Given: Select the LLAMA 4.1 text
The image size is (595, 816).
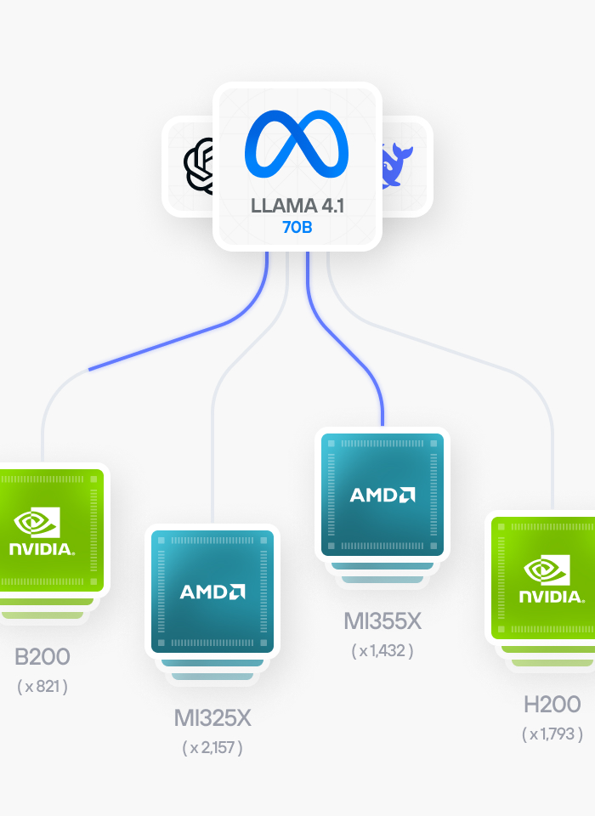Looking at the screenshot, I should tap(297, 206).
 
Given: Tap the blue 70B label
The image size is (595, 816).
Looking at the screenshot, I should tap(297, 228).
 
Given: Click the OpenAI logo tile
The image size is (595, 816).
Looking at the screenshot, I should tap(191, 166).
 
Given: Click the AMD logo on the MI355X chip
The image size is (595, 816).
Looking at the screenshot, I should tap(382, 494).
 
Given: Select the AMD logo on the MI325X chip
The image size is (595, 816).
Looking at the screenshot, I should tap(212, 592).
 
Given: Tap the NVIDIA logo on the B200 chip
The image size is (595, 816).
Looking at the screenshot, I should tap(41, 534).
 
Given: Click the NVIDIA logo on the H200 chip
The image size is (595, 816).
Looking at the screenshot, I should tap(552, 581).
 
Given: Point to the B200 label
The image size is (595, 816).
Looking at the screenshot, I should tap(42, 657).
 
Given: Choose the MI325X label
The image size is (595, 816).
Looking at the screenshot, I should tap(212, 718).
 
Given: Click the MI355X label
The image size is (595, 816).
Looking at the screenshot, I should tap(382, 621).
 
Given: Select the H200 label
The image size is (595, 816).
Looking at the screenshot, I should tap(552, 704).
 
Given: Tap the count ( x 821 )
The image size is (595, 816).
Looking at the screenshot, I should tap(42, 686).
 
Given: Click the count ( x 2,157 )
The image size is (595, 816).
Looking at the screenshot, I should tap(212, 748).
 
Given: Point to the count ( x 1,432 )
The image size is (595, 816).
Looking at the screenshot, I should tap(382, 651).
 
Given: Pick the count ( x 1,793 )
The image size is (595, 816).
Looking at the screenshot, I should tap(552, 734).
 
